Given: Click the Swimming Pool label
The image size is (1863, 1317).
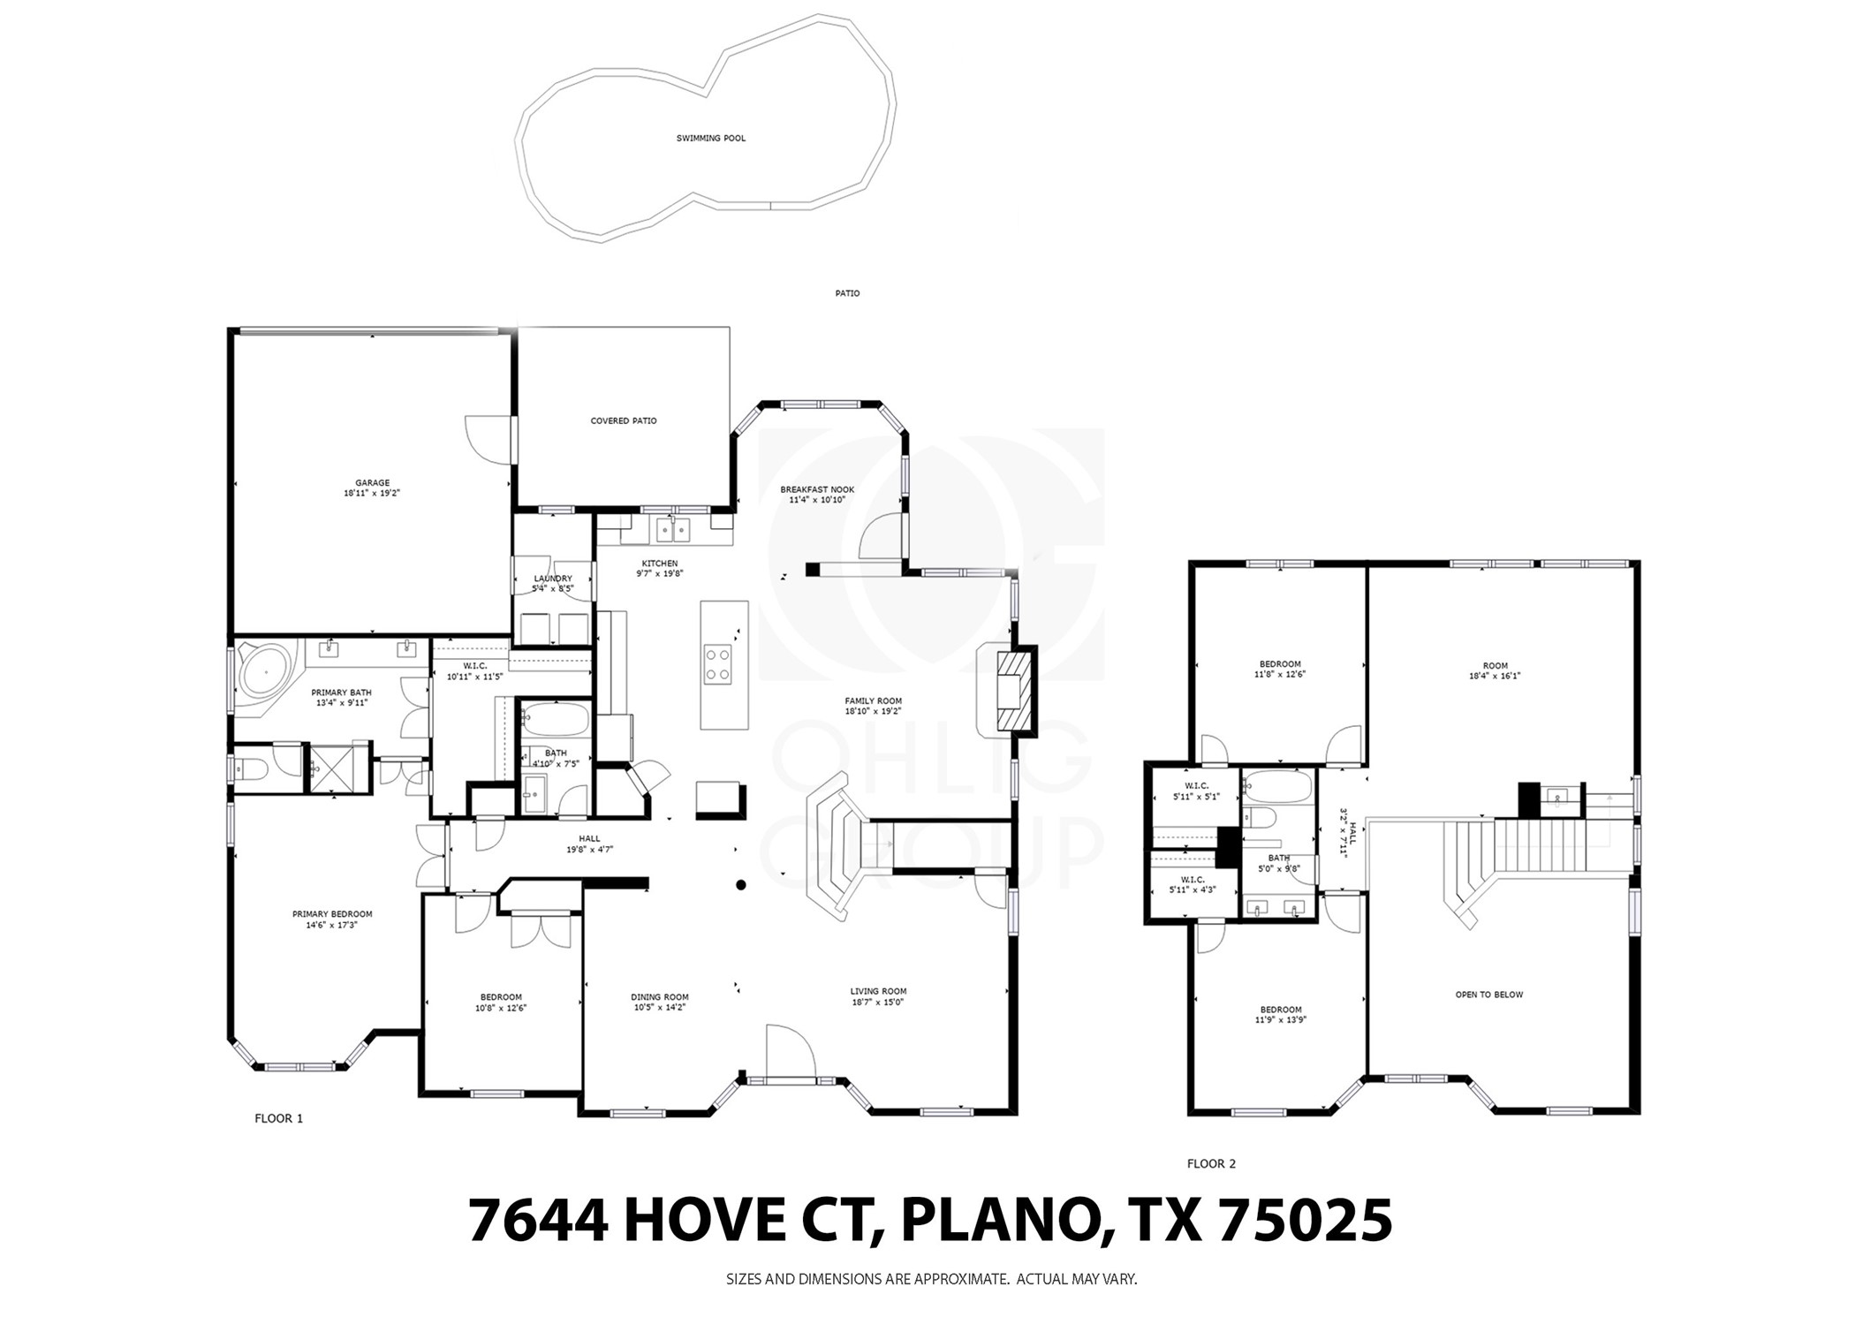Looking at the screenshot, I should (710, 139).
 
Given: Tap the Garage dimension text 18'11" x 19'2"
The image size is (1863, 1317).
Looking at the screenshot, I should (372, 494).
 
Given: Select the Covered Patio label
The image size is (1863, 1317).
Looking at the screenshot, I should (623, 421).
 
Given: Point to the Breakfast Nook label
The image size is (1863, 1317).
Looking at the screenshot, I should (816, 489).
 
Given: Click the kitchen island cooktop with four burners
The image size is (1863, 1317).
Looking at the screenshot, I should (716, 663).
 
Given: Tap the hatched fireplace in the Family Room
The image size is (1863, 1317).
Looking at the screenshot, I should (1012, 691).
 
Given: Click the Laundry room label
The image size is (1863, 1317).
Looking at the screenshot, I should (552, 579).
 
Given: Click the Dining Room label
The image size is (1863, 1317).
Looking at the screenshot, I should (659, 997).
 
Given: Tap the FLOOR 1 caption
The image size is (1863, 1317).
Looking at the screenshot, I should (278, 1118).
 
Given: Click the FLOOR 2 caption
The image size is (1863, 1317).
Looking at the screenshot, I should (1211, 1163).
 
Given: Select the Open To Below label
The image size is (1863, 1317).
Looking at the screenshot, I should (1488, 995).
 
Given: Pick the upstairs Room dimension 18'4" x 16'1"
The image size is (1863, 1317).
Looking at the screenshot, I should (1495, 676).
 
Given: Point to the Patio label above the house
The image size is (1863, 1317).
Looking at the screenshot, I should (846, 293).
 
